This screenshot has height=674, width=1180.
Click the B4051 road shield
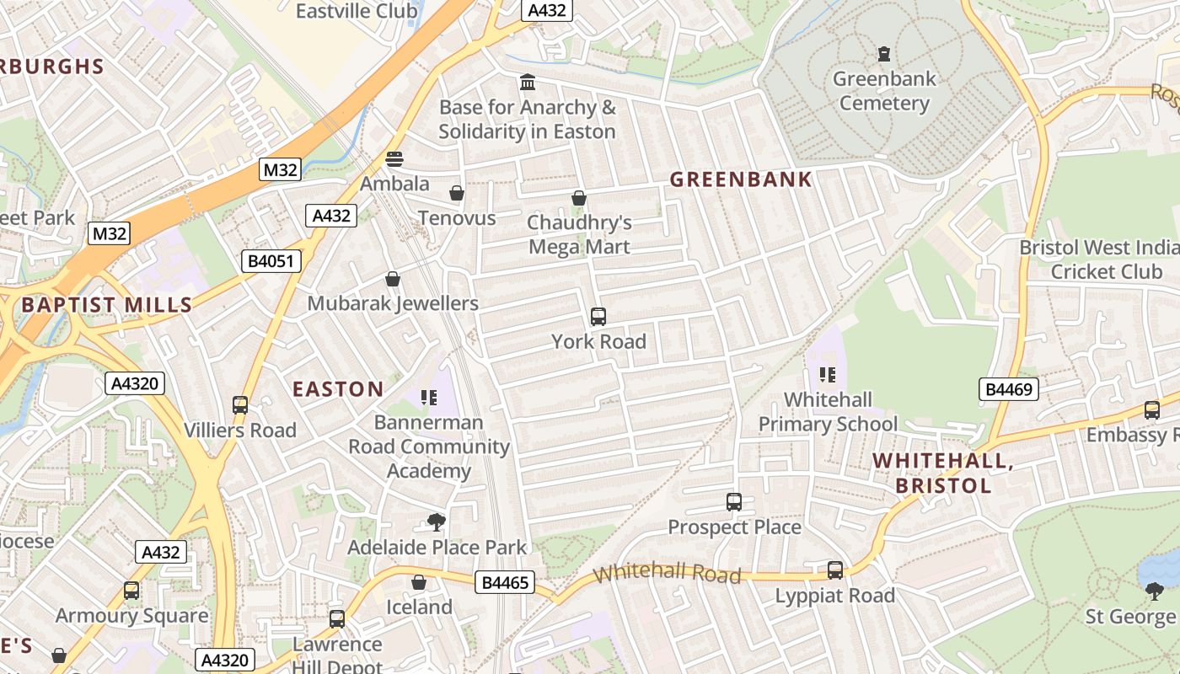click(x=271, y=261)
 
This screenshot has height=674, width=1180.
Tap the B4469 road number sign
click(x=1009, y=389)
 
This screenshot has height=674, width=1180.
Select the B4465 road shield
click(x=505, y=582)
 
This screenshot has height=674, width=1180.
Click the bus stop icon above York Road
click(x=598, y=317)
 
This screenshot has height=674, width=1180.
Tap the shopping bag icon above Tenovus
click(x=457, y=193)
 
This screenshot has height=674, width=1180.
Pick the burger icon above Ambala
click(x=394, y=158)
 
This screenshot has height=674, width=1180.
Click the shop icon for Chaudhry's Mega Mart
click(x=579, y=198)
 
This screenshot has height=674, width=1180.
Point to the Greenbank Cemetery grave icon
click(x=883, y=54)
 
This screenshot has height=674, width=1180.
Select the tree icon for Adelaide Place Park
click(x=437, y=522)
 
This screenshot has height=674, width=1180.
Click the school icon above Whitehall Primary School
click(x=828, y=374)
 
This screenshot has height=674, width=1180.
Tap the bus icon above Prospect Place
click(x=734, y=502)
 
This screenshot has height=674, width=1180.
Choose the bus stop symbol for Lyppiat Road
click(x=835, y=570)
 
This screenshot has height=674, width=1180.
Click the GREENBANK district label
click(x=741, y=179)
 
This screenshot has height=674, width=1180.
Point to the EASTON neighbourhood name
click(x=338, y=389)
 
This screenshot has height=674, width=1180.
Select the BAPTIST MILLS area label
click(x=107, y=305)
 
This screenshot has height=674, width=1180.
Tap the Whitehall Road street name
click(x=667, y=575)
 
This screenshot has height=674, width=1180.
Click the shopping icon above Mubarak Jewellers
click(x=393, y=279)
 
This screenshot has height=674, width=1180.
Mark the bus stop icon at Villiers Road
click(x=240, y=405)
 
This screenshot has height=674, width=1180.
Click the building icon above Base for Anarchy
click(x=528, y=83)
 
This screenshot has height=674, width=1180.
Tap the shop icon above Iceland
click(x=419, y=582)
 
